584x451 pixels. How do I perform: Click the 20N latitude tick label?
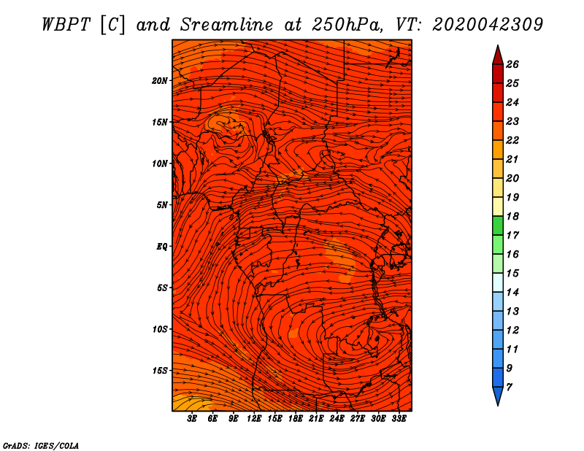[160, 81]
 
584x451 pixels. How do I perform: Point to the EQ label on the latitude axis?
[161, 247]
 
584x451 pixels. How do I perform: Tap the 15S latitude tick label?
[160, 371]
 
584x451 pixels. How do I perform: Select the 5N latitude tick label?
[162, 205]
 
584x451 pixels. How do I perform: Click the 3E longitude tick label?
[192, 419]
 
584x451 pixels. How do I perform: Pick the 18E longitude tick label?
[296, 419]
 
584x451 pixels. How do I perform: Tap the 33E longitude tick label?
[399, 419]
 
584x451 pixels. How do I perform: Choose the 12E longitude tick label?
[254, 419]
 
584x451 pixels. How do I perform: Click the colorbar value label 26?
[512, 64]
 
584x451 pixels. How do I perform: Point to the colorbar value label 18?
[512, 216]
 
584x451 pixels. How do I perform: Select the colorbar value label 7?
[509, 388]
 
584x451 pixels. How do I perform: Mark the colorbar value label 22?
[512, 140]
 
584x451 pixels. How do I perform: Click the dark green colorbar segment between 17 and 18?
[498, 225]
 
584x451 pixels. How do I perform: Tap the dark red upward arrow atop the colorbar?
[498, 56]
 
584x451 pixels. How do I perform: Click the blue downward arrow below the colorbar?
[498, 395]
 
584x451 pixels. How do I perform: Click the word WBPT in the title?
[66, 25]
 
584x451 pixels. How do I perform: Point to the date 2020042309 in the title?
[488, 25]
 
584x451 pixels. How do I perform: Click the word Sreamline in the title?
[227, 25]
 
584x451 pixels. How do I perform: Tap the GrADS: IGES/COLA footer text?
[41, 446]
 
